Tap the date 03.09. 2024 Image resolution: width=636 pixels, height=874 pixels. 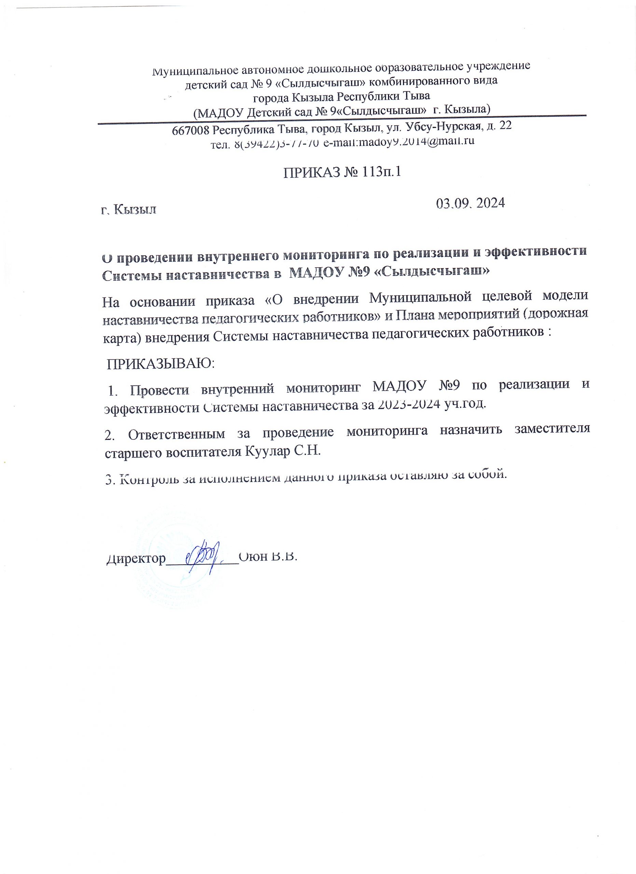(x=470, y=203)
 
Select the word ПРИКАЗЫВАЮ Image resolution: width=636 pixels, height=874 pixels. (x=160, y=363)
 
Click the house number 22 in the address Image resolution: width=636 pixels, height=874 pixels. (x=505, y=126)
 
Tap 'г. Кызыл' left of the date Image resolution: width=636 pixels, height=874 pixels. (x=129, y=210)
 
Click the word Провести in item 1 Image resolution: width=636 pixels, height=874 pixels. (x=159, y=390)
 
